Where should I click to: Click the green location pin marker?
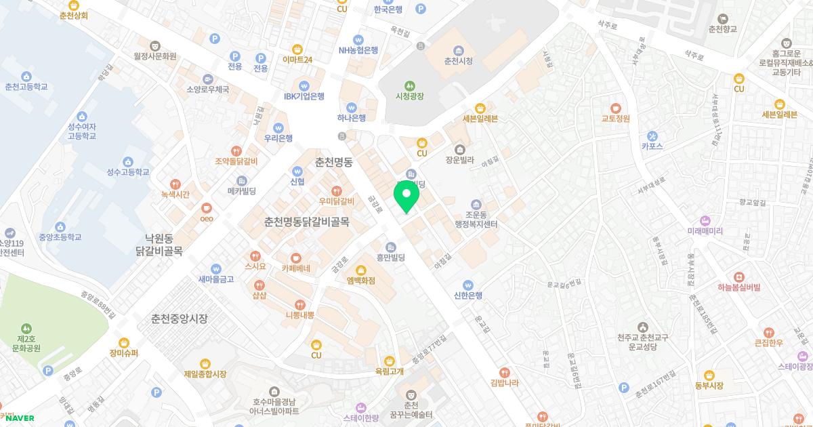406,195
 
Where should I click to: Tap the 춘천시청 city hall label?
458,61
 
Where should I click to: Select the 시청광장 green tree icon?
409,85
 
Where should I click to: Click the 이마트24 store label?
297,60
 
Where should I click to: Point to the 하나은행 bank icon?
351,107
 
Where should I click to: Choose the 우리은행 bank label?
278,138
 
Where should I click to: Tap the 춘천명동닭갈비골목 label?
306,222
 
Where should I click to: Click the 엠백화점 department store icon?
361,270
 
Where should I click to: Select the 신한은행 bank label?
467,296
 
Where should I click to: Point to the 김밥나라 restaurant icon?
504,372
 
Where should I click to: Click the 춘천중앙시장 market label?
179,319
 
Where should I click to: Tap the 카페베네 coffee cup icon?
295,258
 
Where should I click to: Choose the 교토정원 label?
615,118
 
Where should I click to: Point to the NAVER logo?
18,418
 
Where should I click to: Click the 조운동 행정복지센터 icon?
476,205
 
